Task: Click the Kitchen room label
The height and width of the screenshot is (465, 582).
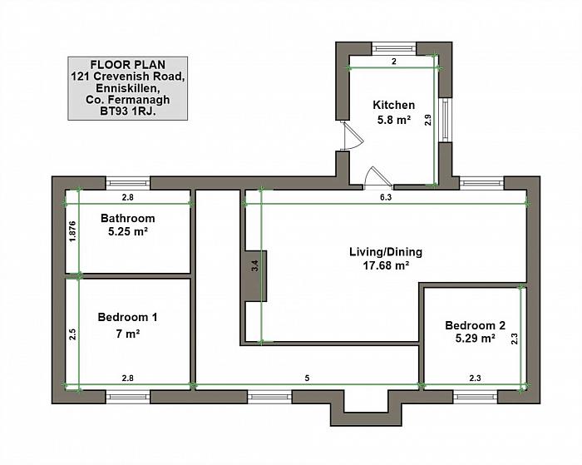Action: pyautogui.click(x=393, y=105)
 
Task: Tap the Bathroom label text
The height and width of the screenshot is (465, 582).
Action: pyautogui.click(x=128, y=218)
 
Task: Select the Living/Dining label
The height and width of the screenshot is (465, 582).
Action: pyautogui.click(x=386, y=252)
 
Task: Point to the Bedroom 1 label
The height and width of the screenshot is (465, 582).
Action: pyautogui.click(x=127, y=317)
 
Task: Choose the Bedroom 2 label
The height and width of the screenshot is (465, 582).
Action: pyautogui.click(x=475, y=326)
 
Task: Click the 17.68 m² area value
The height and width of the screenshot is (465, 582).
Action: pyautogui.click(x=386, y=265)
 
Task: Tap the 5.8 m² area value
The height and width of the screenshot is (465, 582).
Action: pyautogui.click(x=394, y=120)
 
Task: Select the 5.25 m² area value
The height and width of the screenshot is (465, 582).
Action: pyautogui.click(x=128, y=231)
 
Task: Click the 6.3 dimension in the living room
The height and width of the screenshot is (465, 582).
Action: pyautogui.click(x=386, y=198)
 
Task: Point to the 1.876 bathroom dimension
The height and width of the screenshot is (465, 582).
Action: pyautogui.click(x=72, y=232)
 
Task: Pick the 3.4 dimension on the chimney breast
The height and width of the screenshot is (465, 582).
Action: pyautogui.click(x=254, y=266)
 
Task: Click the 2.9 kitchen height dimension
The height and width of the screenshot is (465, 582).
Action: pyautogui.click(x=428, y=120)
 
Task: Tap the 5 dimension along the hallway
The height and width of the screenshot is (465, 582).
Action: pyautogui.click(x=307, y=378)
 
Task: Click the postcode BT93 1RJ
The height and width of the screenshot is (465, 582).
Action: pyautogui.click(x=128, y=111)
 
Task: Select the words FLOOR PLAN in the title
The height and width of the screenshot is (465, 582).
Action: pyautogui.click(x=128, y=65)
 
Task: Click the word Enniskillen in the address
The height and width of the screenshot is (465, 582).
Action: pyautogui.click(x=128, y=88)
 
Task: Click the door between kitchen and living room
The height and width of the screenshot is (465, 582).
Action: pyautogui.click(x=378, y=177)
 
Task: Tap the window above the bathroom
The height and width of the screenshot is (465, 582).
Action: pyautogui.click(x=128, y=183)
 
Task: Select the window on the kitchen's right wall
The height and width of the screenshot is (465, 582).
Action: pyautogui.click(x=446, y=121)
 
